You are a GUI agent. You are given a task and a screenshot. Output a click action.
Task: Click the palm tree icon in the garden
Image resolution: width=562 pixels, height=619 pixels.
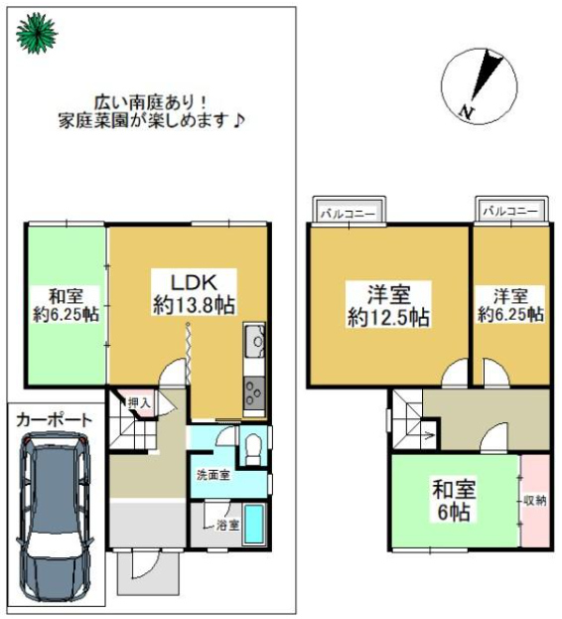tap(37, 33)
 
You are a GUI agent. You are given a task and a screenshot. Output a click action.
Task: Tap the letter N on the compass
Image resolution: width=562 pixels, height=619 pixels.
tap(467, 112)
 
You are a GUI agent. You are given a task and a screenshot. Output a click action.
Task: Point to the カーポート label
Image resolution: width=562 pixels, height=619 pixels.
tap(54, 420)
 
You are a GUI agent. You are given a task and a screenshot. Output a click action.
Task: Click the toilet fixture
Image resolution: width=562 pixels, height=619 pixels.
tap(253, 448)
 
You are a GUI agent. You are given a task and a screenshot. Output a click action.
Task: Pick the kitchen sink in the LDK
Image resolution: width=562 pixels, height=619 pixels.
tap(254, 340)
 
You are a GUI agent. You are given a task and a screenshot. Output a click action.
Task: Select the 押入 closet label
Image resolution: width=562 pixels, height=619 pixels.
tap(139, 403)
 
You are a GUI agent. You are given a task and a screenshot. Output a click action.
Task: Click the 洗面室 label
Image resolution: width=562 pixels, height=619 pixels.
tap(213, 475)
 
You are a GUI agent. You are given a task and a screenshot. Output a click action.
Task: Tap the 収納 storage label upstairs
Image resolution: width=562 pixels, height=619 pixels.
tap(535, 501)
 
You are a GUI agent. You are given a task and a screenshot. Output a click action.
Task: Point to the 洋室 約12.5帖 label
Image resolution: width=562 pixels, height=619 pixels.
tap(388, 305)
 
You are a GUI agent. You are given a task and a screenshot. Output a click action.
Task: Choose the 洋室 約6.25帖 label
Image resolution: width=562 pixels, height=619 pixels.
tap(510, 305)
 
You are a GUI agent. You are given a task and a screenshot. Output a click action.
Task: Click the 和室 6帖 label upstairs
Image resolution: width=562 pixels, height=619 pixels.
tap(454, 501)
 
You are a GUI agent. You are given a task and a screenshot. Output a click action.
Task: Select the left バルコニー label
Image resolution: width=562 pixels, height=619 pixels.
tap(348, 214)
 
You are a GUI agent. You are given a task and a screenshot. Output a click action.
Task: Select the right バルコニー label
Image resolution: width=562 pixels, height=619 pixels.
tap(510, 211)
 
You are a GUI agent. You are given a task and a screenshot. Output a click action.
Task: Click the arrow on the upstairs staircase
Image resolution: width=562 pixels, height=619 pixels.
tap(427, 435)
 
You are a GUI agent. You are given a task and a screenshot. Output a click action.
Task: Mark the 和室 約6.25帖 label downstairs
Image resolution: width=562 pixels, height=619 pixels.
tap(66, 305)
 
